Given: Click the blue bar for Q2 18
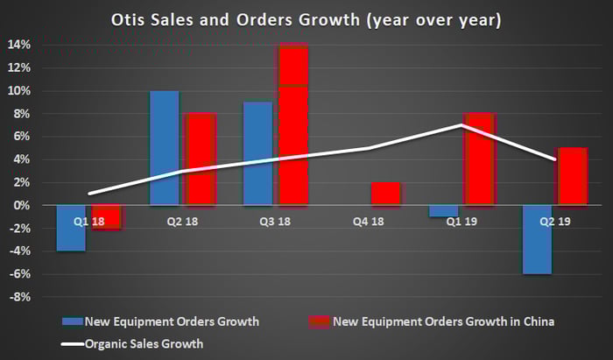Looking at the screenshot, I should (165, 147).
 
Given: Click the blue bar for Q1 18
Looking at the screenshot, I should (72, 228).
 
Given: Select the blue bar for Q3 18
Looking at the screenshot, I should (257, 153).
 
